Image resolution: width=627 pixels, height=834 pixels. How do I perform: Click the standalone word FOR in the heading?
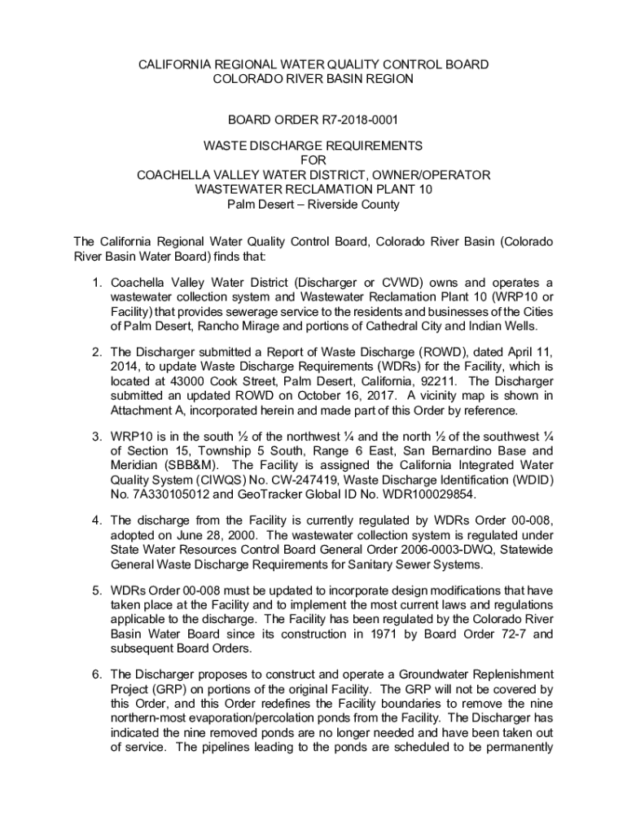pyautogui.click(x=313, y=160)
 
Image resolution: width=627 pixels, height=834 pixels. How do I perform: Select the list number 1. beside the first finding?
pyautogui.click(x=95, y=283)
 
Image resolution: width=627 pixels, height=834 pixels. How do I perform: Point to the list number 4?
pyautogui.click(x=95, y=520)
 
